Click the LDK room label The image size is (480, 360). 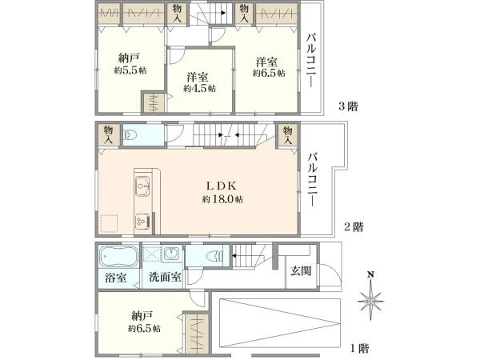pyautogui.click(x=222, y=186)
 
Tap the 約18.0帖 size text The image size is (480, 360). pyautogui.click(x=222, y=199)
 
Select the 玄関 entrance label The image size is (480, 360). pyautogui.click(x=302, y=271)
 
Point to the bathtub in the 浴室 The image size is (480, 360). pyautogui.click(x=118, y=256)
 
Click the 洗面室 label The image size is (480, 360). pyautogui.click(x=165, y=277)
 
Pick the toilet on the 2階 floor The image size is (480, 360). pyautogui.click(x=130, y=134)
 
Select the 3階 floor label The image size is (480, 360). pyautogui.click(x=348, y=106)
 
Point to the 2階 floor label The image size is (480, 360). pyautogui.click(x=354, y=227)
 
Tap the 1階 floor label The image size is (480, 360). pyautogui.click(x=359, y=348)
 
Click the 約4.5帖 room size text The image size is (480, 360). pyautogui.click(x=199, y=89)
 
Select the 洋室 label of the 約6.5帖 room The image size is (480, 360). pyautogui.click(x=267, y=62)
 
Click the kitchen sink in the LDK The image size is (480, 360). pyautogui.click(x=142, y=186)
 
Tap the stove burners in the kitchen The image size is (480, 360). pyautogui.click(x=142, y=221)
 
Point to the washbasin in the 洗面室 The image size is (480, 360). pyautogui.click(x=171, y=254)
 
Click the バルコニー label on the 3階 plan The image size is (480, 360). pyautogui.click(x=312, y=61)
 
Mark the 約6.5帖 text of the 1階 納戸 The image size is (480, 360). pyautogui.click(x=144, y=329)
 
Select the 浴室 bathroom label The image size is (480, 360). pyautogui.click(x=116, y=278)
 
